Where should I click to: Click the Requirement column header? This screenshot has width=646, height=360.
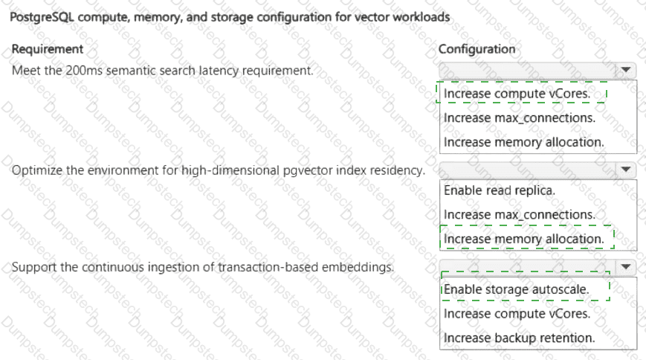pyautogui.click(x=48, y=49)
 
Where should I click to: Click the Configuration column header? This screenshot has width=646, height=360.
pyautogui.click(x=477, y=49)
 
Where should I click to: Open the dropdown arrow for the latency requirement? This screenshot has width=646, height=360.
pyautogui.click(x=626, y=70)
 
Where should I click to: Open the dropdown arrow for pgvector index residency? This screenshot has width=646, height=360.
pyautogui.click(x=626, y=170)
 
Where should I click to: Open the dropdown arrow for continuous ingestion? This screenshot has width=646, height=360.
pyautogui.click(x=626, y=267)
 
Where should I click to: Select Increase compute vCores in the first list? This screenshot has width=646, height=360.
pyautogui.click(x=517, y=94)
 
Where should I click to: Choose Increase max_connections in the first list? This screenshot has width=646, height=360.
pyautogui.click(x=520, y=118)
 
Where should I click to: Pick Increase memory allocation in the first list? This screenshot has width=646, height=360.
pyautogui.click(x=523, y=142)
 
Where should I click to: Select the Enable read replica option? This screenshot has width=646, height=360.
pyautogui.click(x=500, y=190)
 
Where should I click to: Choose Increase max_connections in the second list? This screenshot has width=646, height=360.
pyautogui.click(x=520, y=215)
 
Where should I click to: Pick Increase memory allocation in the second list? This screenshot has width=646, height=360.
pyautogui.click(x=523, y=240)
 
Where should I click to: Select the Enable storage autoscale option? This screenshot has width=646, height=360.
pyautogui.click(x=516, y=289)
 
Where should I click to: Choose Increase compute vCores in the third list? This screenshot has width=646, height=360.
pyautogui.click(x=517, y=314)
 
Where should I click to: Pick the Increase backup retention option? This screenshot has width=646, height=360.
pyautogui.click(x=520, y=338)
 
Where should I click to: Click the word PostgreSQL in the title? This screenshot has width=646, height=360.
pyautogui.click(x=42, y=17)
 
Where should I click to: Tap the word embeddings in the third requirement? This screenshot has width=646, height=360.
pyautogui.click(x=358, y=267)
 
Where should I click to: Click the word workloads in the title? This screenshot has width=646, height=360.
pyautogui.click(x=421, y=17)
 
